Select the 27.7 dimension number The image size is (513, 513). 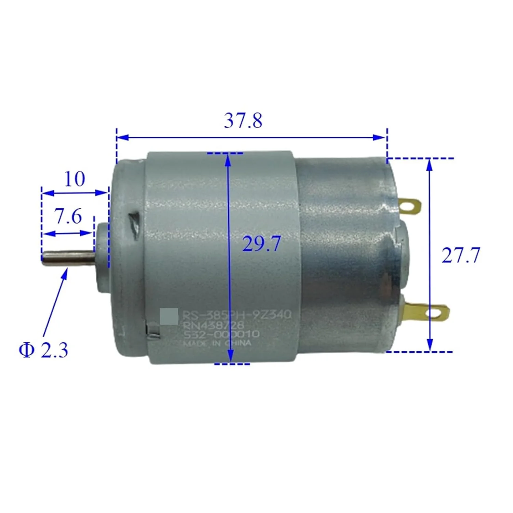pyautogui.click(x=460, y=255)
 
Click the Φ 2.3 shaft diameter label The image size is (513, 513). pyautogui.click(x=43, y=350)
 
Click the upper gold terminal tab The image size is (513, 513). pyautogui.click(x=409, y=206)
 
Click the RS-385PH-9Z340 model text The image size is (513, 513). pyautogui.click(x=236, y=314)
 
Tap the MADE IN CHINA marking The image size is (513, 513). pyautogui.click(x=217, y=343)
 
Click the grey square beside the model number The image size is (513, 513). pyautogui.click(x=169, y=316)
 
